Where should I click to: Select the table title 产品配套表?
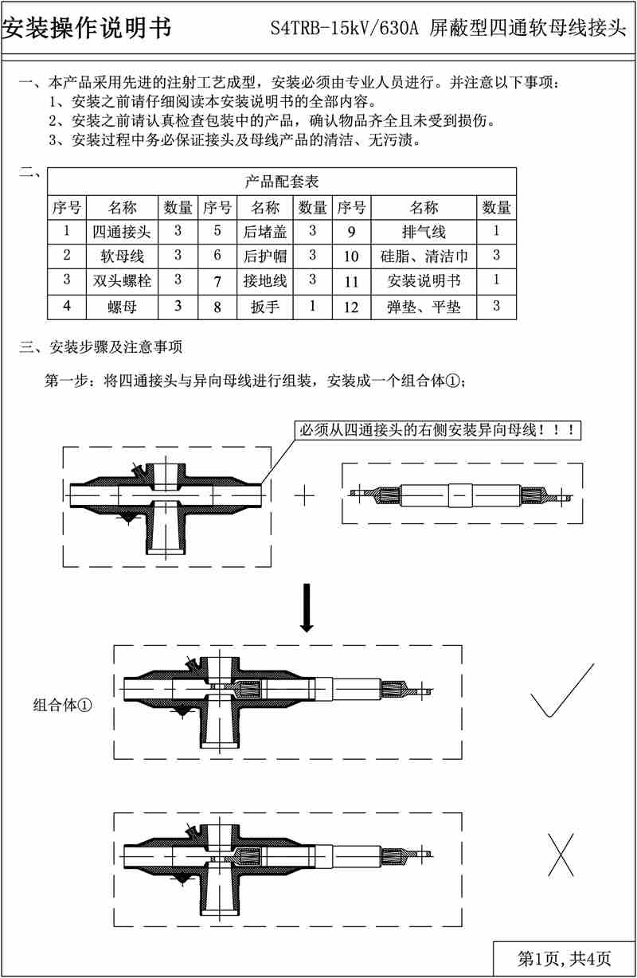pyautogui.click(x=282, y=181)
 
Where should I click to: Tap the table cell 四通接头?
pyautogui.click(x=122, y=233)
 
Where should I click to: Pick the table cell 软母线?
pyautogui.click(x=122, y=256)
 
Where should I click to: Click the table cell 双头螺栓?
pyautogui.click(x=122, y=280)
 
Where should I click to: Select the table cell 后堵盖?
pyautogui.click(x=265, y=233)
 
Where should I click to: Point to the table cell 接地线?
pyautogui.click(x=265, y=281)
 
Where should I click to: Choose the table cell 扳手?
pyautogui.click(x=265, y=306)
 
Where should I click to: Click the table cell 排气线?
pyautogui.click(x=424, y=233)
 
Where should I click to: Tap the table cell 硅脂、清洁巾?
pyautogui.click(x=424, y=257)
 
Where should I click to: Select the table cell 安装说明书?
pyautogui.click(x=424, y=281)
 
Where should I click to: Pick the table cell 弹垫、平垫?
pyautogui.click(x=424, y=306)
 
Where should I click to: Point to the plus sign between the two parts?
pyautogui.click(x=304, y=495)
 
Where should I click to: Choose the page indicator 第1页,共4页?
pyautogui.click(x=565, y=957)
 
